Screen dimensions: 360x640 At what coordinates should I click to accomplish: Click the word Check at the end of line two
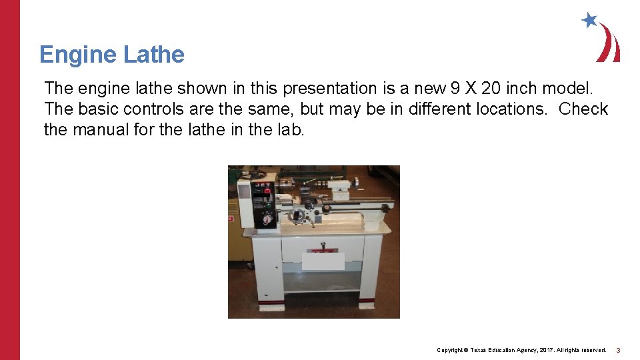(583, 109)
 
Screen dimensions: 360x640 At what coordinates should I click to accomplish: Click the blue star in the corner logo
(589, 20)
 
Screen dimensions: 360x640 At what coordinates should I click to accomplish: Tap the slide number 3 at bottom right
(618, 350)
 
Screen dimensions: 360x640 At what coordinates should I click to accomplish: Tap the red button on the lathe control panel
(267, 191)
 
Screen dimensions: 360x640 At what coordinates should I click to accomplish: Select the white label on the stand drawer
(323, 260)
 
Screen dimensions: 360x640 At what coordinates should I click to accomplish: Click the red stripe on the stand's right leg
(369, 303)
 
